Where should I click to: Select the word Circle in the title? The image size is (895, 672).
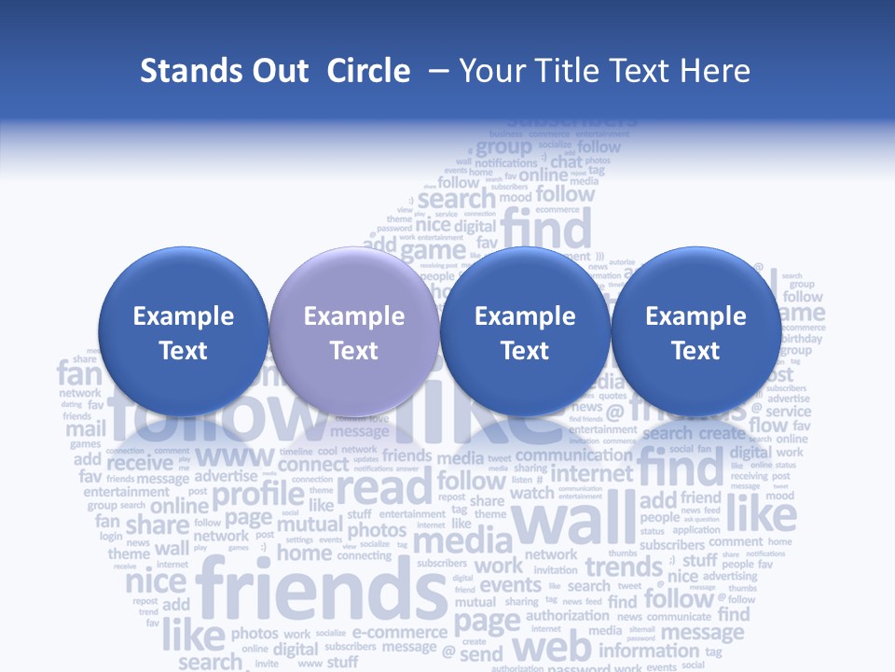[368, 71]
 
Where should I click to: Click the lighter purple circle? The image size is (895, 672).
[354, 331]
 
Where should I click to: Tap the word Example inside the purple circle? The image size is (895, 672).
[354, 316]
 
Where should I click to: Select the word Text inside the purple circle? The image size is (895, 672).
[354, 351]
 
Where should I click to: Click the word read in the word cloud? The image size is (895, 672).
[384, 486]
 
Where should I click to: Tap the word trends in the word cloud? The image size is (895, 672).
[623, 567]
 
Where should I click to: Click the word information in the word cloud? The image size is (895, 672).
[649, 651]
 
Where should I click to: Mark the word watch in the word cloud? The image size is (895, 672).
[531, 493]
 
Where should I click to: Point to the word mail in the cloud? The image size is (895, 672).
[85, 430]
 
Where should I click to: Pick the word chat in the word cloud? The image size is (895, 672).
[566, 162]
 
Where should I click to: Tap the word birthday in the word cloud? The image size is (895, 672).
[802, 339]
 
